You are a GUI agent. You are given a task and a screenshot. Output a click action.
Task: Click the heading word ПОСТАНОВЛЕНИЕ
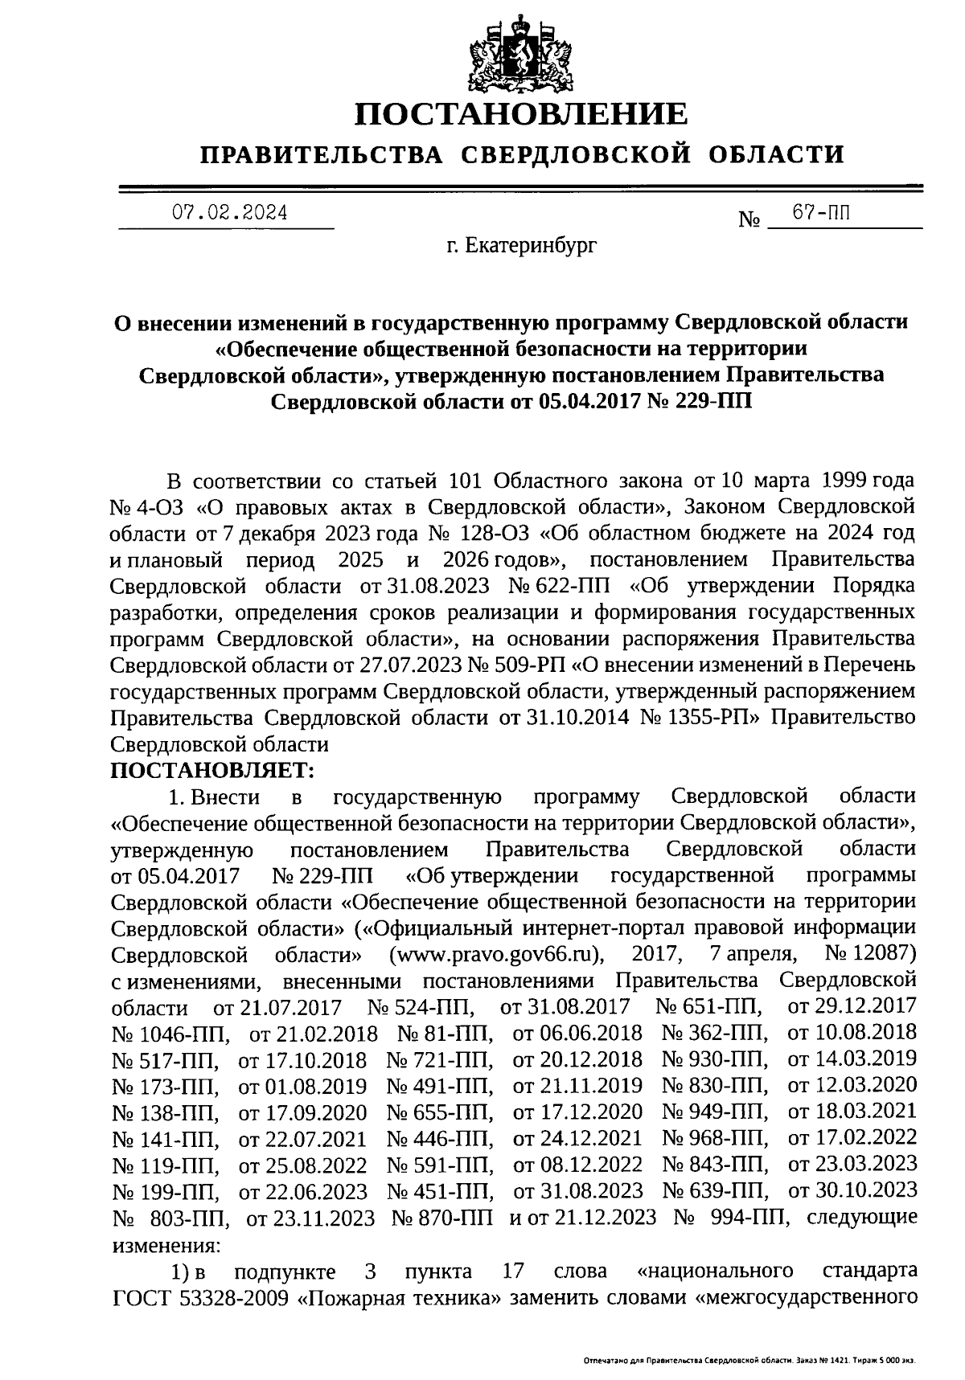click(523, 113)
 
